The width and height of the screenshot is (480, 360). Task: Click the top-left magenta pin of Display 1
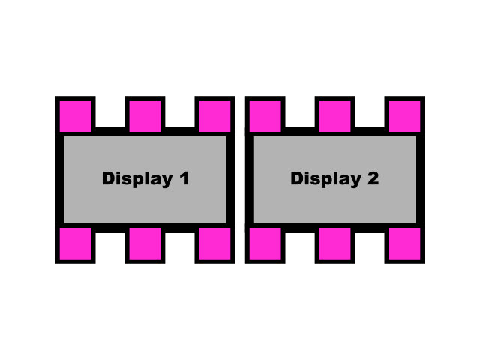tap(75, 115)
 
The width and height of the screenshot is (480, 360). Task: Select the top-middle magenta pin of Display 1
tap(145, 115)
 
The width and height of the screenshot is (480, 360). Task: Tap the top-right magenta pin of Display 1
tap(214, 115)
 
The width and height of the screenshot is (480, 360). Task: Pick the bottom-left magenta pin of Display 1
tap(75, 244)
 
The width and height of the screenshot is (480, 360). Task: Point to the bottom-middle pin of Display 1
tap(145, 244)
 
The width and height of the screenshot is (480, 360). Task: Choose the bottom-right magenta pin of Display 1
tap(214, 244)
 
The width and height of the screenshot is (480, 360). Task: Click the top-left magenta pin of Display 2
tap(265, 115)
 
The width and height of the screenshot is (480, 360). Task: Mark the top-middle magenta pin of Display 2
tap(334, 115)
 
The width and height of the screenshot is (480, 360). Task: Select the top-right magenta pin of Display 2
tap(404, 115)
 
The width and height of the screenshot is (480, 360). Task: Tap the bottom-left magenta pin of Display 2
tap(265, 244)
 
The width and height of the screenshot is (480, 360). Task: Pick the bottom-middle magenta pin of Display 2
tap(334, 244)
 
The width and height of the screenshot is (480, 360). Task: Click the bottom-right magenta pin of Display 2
tap(404, 244)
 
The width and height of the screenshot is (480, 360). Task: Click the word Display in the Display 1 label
tap(135, 179)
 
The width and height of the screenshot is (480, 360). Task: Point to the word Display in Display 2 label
tap(324, 179)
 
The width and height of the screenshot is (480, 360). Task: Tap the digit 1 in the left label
tap(183, 179)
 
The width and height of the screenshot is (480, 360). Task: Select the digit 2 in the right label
tap(372, 179)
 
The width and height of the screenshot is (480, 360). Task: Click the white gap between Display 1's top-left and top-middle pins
tap(110, 112)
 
